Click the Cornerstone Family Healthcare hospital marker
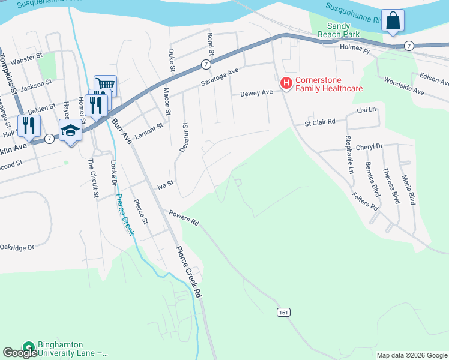[x=286, y=82]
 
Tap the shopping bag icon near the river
[x=393, y=22]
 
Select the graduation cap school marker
[x=70, y=130]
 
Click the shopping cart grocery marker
[x=105, y=86]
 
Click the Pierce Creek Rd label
[x=189, y=272]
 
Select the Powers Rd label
[x=184, y=217]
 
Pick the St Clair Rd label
[x=319, y=122]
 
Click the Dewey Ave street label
[x=256, y=93]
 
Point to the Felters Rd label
[x=366, y=200]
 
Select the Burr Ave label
[x=121, y=131]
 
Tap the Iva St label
[x=165, y=186]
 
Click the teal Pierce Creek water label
[x=124, y=215]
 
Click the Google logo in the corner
[x=19, y=353]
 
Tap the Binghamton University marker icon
[x=28, y=347]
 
